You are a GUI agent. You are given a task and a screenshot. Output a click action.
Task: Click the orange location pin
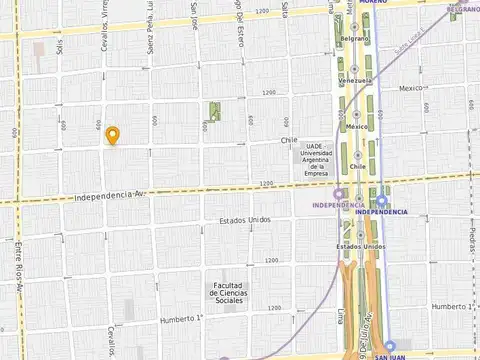click(113, 136)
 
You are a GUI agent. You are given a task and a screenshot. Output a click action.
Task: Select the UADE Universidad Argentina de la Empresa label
click(316, 160)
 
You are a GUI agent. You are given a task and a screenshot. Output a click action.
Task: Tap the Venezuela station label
click(355, 81)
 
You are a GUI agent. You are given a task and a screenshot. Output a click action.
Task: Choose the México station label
click(356, 127)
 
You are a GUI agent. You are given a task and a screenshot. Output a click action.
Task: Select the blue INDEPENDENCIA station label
click(382, 212)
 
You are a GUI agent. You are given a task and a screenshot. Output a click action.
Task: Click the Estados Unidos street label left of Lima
click(245, 220)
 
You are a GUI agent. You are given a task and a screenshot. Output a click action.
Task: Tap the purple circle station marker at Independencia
click(338, 194)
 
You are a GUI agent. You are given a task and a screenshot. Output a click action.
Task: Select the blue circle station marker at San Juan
click(389, 345)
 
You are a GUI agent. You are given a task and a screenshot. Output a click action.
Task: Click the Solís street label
click(60, 48)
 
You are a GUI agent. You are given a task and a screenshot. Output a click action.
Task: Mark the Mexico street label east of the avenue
click(412, 88)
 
